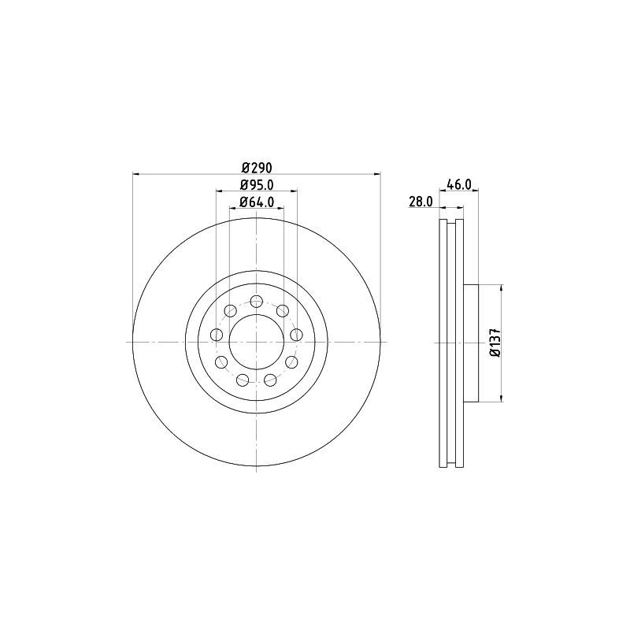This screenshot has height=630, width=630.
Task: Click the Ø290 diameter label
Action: pyautogui.click(x=256, y=168)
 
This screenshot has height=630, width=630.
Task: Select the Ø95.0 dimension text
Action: pyautogui.click(x=256, y=185)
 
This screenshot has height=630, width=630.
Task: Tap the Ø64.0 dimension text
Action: pyautogui.click(x=256, y=202)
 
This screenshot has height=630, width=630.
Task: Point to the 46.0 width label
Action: pyautogui.click(x=458, y=185)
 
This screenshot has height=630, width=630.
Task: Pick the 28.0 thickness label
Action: pyautogui.click(x=421, y=202)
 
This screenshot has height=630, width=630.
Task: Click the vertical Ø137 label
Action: pyautogui.click(x=495, y=343)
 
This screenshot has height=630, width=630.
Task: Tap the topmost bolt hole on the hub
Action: pyautogui.click(x=257, y=301)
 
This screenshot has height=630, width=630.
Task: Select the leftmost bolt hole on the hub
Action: pyautogui.click(x=217, y=335)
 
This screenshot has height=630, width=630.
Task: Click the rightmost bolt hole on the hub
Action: pyautogui.click(x=296, y=335)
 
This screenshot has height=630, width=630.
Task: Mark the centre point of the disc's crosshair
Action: pyautogui.click(x=257, y=343)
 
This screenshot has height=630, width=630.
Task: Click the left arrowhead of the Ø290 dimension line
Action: pyautogui.click(x=135, y=174)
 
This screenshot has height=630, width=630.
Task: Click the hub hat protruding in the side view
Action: pyautogui.click(x=470, y=343)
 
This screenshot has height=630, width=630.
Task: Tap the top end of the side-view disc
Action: pyautogui.click(x=450, y=220)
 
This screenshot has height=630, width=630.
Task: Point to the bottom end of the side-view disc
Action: pyautogui.click(x=450, y=465)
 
